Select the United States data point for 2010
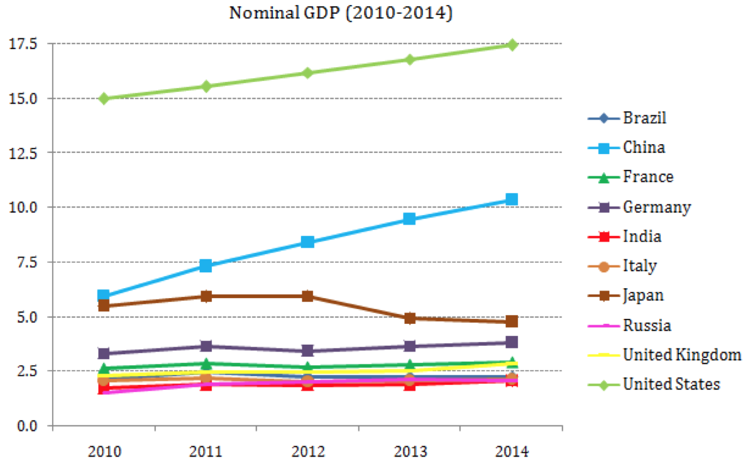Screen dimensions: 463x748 (104, 98)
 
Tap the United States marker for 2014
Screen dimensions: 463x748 (512, 45)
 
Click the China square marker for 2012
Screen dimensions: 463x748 (307, 242)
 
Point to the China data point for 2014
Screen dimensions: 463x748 (512, 199)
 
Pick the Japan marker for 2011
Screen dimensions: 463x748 (206, 296)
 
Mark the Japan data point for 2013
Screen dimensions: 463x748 (409, 318)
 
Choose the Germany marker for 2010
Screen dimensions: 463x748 (104, 354)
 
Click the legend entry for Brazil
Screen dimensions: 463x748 (645, 118)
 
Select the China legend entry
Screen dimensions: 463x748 (644, 148)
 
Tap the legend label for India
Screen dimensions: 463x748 (642, 237)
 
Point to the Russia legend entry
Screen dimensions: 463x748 (647, 325)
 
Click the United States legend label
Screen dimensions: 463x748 (671, 384)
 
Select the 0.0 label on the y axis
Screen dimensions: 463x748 (28, 426)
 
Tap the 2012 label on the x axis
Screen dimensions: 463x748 (307, 451)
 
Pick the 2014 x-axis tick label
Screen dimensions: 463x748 (512, 451)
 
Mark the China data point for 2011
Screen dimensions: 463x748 (206, 265)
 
